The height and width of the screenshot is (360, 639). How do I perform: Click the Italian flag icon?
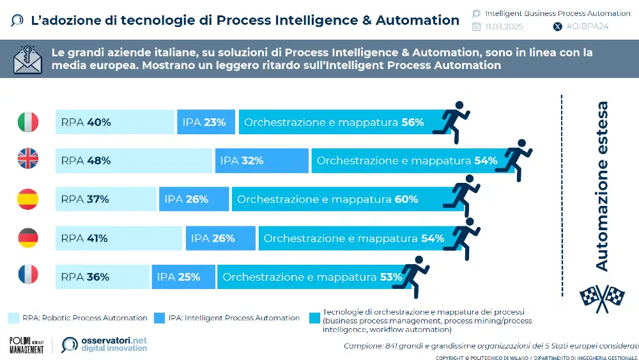pyautogui.click(x=27, y=121)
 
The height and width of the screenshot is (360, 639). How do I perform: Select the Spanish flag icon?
pyautogui.click(x=27, y=200)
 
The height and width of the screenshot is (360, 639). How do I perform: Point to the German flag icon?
pyautogui.click(x=27, y=239)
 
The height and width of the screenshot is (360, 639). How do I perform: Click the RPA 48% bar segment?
pyautogui.click(x=134, y=160)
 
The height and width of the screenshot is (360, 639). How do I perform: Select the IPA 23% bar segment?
pyautogui.click(x=205, y=121)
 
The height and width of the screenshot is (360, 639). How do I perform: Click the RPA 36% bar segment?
pyautogui.click(x=102, y=277)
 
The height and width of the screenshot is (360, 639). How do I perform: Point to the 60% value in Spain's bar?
pyautogui.click(x=406, y=200)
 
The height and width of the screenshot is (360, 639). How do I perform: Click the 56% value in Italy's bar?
pyautogui.click(x=413, y=122)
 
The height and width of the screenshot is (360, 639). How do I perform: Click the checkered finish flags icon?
pyautogui.click(x=601, y=296)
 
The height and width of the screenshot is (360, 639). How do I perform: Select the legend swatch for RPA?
pyautogui.click(x=13, y=318)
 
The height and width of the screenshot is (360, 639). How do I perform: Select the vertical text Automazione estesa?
pyautogui.click(x=601, y=185)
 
